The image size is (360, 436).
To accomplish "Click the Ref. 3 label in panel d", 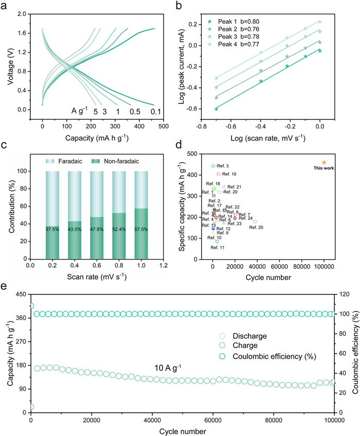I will [x=223, y=166].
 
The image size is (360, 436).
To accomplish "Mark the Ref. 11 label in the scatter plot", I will [x=218, y=248].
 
